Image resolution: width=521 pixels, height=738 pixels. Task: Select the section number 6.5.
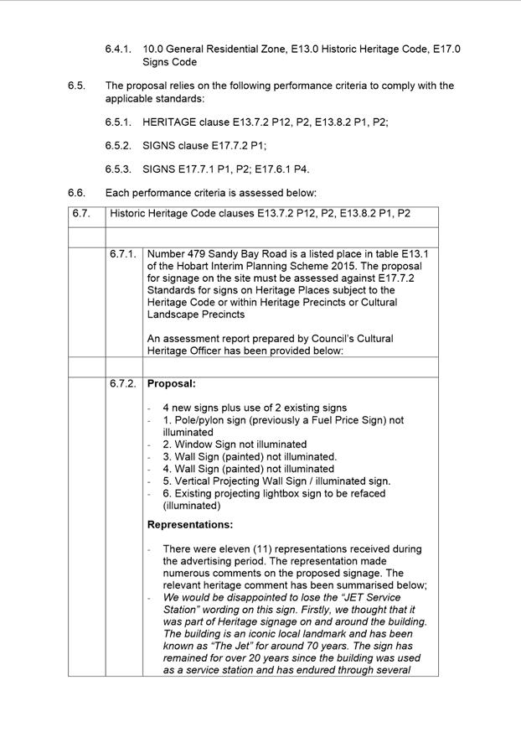pyautogui.click(x=76, y=86)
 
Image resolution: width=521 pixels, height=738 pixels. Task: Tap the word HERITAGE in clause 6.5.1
pyautogui.click(x=169, y=122)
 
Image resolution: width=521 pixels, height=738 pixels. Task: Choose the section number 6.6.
pyautogui.click(x=76, y=192)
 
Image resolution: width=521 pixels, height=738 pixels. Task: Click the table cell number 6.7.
pyautogui.click(x=80, y=214)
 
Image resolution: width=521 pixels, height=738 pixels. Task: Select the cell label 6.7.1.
pyautogui.click(x=122, y=253)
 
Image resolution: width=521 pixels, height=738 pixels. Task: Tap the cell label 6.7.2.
pyautogui.click(x=122, y=384)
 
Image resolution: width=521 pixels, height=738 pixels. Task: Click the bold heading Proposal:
pyautogui.click(x=172, y=384)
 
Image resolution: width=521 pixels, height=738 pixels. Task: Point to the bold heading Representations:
pyautogui.click(x=190, y=525)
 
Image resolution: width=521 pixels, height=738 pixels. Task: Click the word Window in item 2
pyautogui.click(x=192, y=444)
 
